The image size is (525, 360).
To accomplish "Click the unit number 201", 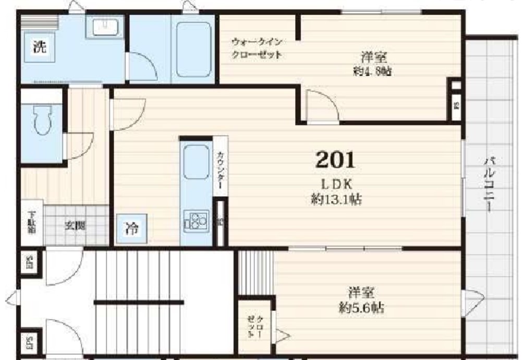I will [x=335, y=160].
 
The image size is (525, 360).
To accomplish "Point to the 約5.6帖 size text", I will [x=361, y=308].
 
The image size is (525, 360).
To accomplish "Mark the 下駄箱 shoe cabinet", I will [x=32, y=222].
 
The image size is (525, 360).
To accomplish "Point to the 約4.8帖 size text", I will [x=372, y=71].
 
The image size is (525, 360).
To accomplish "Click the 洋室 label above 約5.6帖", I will [x=361, y=293].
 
